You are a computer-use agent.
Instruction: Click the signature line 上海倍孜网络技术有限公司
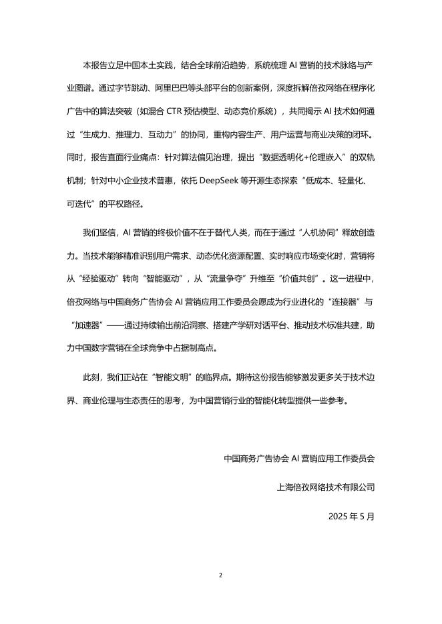(x=325, y=487)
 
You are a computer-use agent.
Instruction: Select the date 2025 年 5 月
(x=352, y=516)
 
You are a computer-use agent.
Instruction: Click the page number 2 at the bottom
(x=221, y=575)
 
